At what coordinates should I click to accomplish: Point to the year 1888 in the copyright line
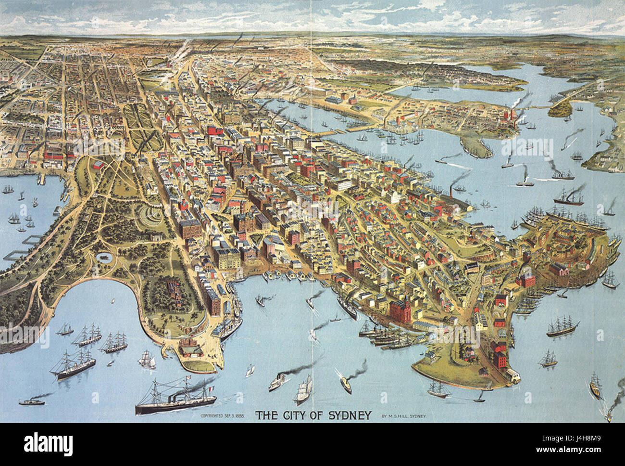[x=238, y=415]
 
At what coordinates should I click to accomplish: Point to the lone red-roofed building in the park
[x=98, y=165]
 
